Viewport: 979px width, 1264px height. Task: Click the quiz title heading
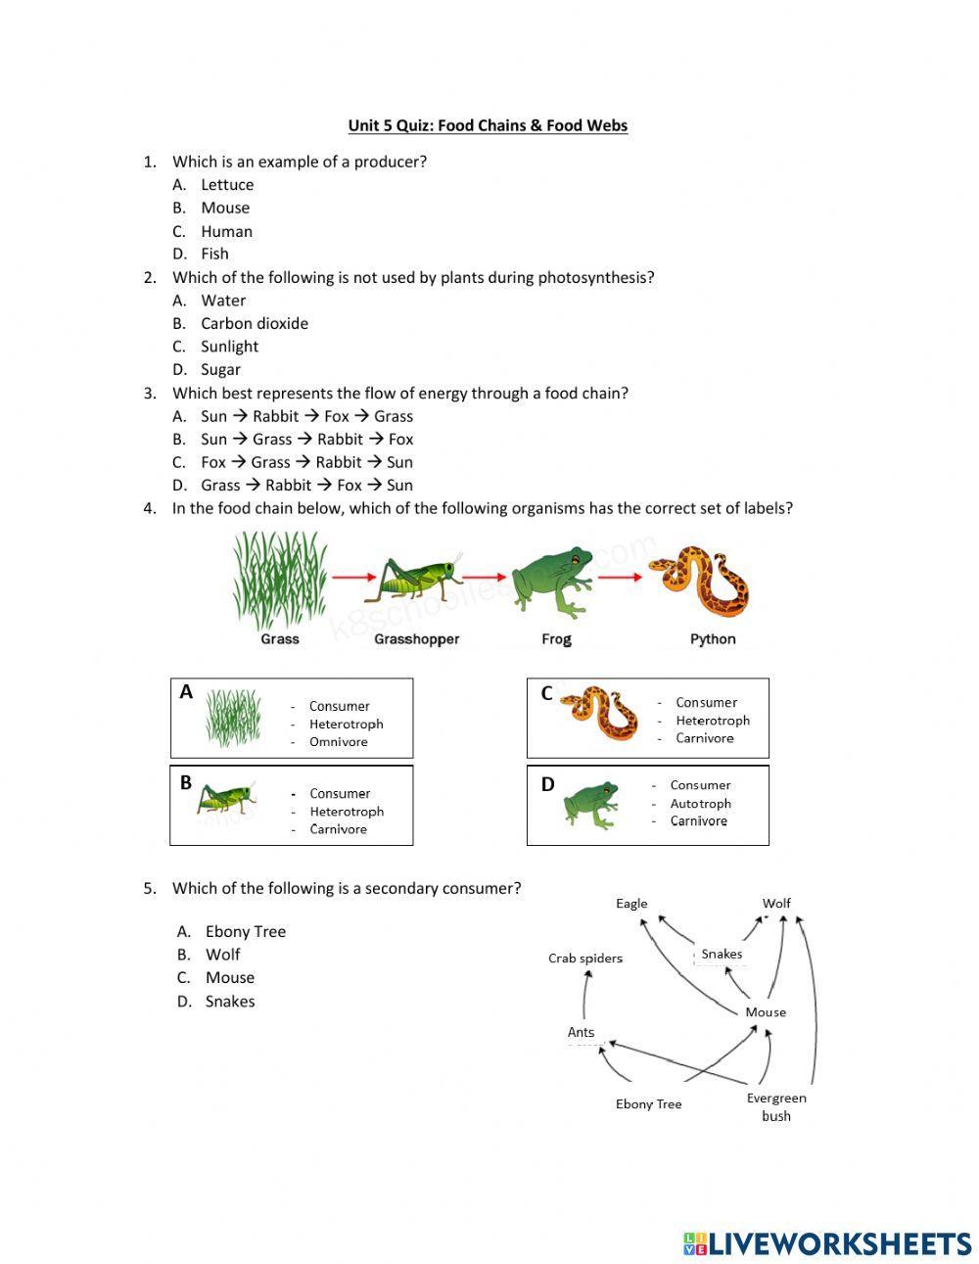pyautogui.click(x=488, y=125)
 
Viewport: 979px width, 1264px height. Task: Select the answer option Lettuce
pyautogui.click(x=226, y=185)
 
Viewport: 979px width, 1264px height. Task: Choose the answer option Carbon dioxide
pyautogui.click(x=254, y=323)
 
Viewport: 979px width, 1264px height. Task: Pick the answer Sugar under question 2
pyautogui.click(x=220, y=369)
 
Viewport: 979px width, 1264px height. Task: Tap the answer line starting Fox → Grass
pyautogui.click(x=305, y=462)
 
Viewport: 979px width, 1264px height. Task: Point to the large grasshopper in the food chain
pyautogui.click(x=415, y=580)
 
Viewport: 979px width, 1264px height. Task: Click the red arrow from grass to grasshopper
pyautogui.click(x=348, y=578)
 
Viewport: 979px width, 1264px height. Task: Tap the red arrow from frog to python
pyautogui.click(x=620, y=578)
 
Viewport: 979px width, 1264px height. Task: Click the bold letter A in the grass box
pyautogui.click(x=186, y=692)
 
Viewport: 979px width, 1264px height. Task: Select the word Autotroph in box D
pyautogui.click(x=700, y=803)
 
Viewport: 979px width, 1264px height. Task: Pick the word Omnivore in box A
pyautogui.click(x=338, y=742)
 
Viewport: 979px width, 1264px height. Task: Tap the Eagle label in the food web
pyautogui.click(x=631, y=904)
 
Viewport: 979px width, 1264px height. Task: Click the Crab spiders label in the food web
pyautogui.click(x=584, y=959)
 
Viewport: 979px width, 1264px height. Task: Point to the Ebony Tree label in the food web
pyautogui.click(x=648, y=1104)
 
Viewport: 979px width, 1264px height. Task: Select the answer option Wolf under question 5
pyautogui.click(x=222, y=955)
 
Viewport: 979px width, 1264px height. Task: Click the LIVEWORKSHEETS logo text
pyautogui.click(x=838, y=1243)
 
